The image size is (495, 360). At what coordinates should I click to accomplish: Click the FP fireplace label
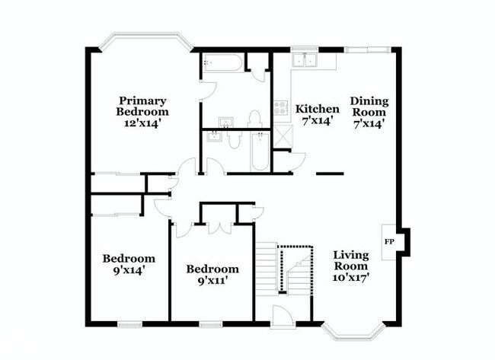(389, 241)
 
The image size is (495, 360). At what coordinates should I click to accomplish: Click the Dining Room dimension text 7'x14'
(369, 122)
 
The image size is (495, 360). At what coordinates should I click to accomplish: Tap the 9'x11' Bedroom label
(212, 275)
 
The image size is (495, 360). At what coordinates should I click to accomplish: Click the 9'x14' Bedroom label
(129, 264)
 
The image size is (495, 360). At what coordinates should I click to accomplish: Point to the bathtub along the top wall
(223, 64)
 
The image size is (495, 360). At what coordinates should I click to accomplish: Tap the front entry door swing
(283, 315)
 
